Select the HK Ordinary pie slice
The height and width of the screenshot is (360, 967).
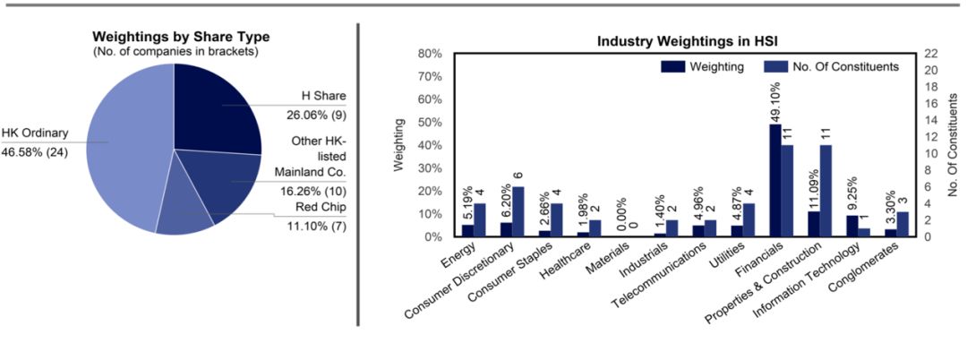tap(125, 152)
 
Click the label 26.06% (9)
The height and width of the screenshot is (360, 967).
tap(327, 116)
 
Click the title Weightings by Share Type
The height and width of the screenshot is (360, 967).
tap(181, 37)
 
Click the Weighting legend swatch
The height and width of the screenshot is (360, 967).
tap(672, 66)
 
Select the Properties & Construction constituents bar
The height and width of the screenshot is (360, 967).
tap(826, 191)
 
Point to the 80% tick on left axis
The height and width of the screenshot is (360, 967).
tap(430, 54)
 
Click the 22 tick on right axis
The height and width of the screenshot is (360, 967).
tap(932, 54)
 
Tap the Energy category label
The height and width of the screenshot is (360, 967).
tap(458, 257)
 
